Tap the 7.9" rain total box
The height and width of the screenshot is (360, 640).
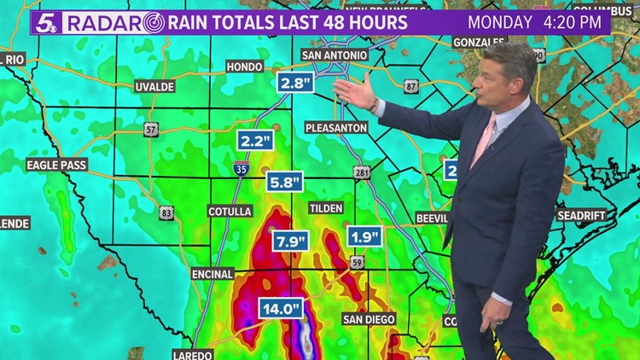click(x=289, y=241)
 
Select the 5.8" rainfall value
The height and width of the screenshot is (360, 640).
click(x=284, y=182)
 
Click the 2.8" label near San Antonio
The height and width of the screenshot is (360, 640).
click(x=294, y=83)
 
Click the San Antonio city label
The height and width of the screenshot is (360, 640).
click(x=335, y=55)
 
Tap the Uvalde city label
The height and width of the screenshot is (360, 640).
click(x=154, y=86)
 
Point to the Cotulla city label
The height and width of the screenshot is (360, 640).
click(x=229, y=211)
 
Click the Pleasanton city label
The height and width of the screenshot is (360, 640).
click(x=336, y=127)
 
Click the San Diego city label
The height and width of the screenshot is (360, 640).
click(x=369, y=318)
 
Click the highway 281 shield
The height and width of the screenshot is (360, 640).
click(x=362, y=172)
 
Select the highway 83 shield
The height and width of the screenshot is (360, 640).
click(x=166, y=212)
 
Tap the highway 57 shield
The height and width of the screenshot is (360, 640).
click(x=151, y=130)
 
